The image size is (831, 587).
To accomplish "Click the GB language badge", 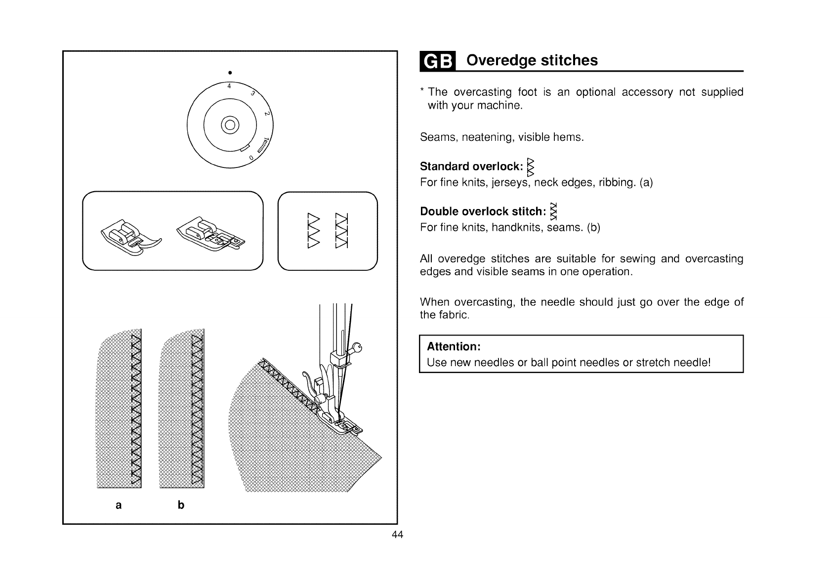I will point(436,61).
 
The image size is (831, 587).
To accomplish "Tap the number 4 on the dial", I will point(229,85).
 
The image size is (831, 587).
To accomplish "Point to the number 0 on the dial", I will point(251,158).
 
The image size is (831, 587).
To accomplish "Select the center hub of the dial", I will point(230,124).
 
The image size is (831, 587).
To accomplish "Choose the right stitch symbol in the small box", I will point(341,230).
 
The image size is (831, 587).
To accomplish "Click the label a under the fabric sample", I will point(118,505).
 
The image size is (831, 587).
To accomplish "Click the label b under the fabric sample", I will point(181,505).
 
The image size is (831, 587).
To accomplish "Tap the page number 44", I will point(397,535).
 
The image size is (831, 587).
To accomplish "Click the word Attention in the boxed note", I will point(454,346).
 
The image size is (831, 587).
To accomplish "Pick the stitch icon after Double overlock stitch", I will point(554,211).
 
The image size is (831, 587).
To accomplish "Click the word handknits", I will point(516,228).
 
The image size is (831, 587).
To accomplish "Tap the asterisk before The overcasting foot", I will point(422,91).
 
